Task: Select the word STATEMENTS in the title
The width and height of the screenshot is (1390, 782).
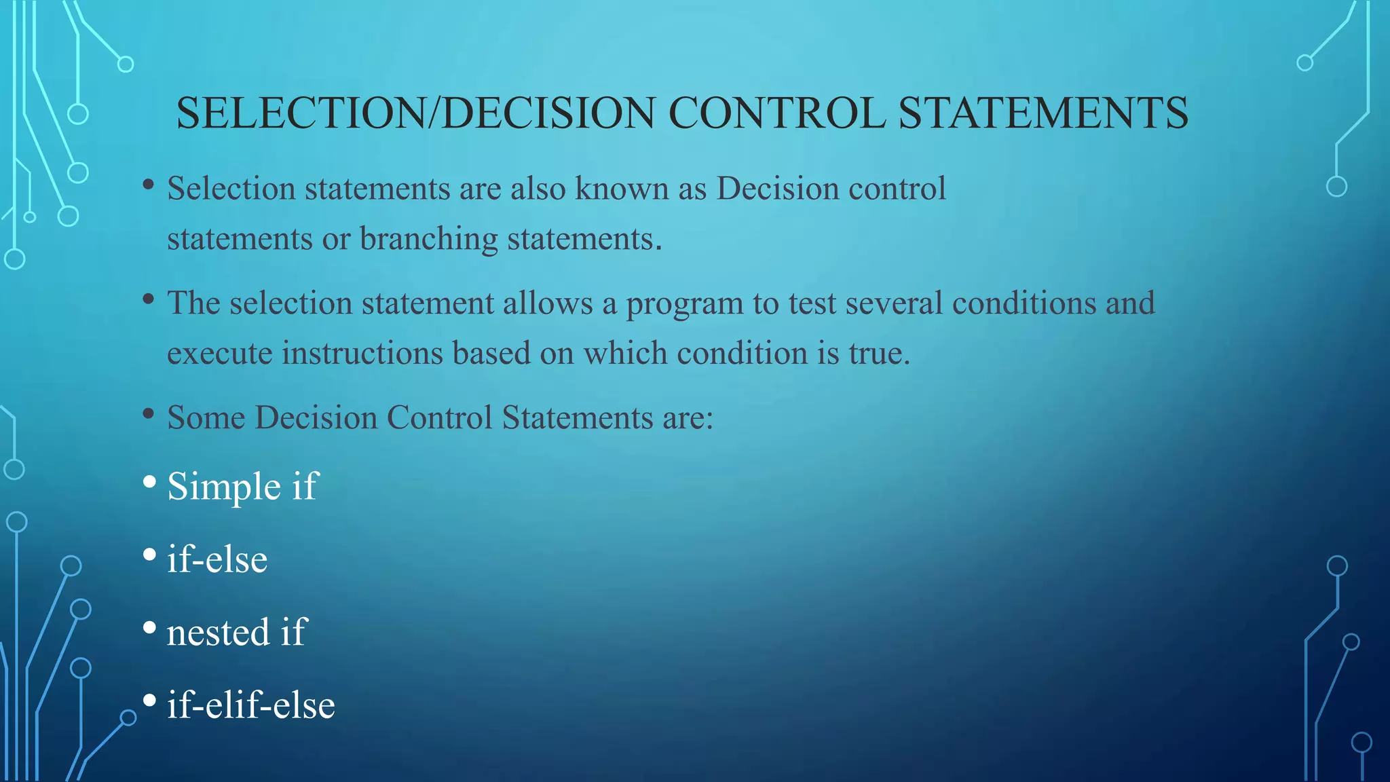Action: [x=1043, y=113]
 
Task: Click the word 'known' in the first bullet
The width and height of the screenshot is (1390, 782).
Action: [x=622, y=189]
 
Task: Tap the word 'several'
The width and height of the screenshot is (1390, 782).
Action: [x=893, y=303]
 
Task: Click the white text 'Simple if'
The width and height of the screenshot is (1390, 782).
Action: [x=242, y=487]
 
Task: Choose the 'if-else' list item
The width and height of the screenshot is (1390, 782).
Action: [x=217, y=559]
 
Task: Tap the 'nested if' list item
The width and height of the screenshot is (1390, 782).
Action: [x=237, y=633]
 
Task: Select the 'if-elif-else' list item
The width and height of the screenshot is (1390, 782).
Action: [x=251, y=705]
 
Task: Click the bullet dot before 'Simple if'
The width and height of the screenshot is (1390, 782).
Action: [x=150, y=483]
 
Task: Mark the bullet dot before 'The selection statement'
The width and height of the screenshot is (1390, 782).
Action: [x=149, y=299]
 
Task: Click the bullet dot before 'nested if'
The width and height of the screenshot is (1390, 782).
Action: [x=150, y=628]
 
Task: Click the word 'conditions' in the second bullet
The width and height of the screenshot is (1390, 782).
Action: [x=1023, y=303]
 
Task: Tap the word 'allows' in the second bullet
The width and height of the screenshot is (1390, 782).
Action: [x=548, y=303]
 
